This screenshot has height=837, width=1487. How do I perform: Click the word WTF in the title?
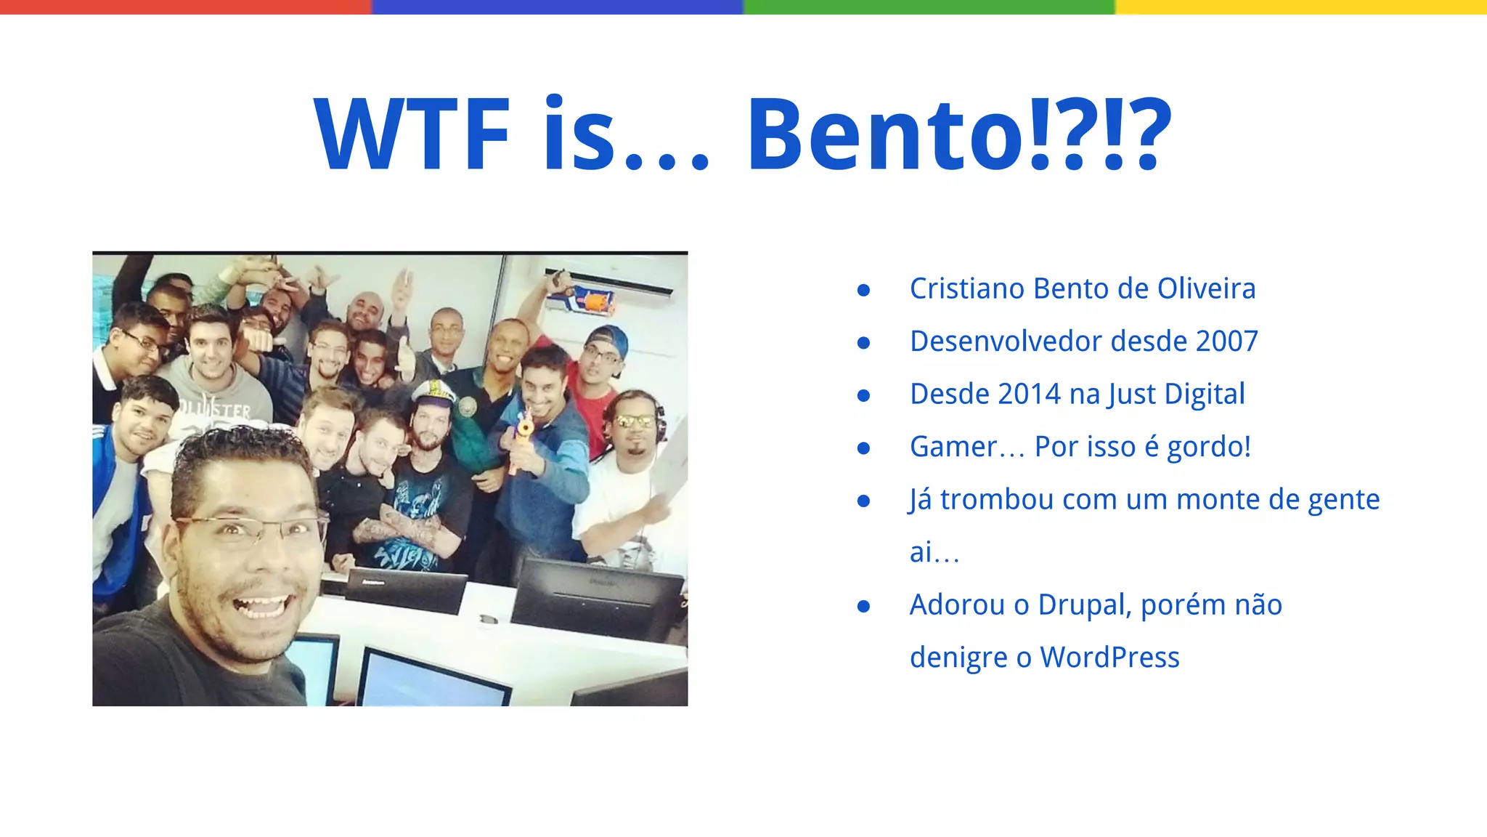click(x=412, y=135)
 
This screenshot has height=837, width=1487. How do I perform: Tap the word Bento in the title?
click(x=886, y=135)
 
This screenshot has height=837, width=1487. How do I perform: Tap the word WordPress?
click(x=1109, y=657)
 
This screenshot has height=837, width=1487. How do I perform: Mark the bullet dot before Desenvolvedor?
click(x=863, y=342)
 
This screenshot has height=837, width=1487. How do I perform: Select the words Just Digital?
click(x=1176, y=394)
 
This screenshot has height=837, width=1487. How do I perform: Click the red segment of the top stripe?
click(x=186, y=7)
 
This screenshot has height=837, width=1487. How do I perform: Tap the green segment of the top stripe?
click(x=929, y=7)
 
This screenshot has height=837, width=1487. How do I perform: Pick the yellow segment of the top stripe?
click(x=1301, y=7)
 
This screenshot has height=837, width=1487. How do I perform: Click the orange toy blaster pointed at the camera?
click(x=521, y=436)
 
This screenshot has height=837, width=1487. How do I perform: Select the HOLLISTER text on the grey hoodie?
click(x=217, y=411)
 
